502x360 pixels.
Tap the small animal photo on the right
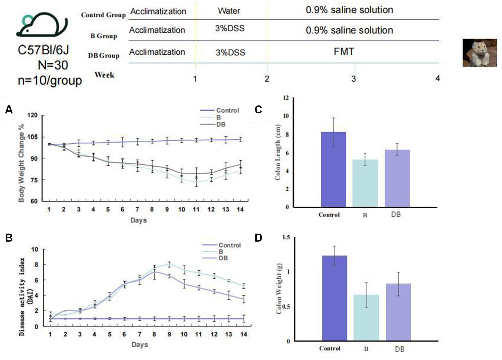[x=480, y=53]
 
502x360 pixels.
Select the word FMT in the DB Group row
[x=344, y=52]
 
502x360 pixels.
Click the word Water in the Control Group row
[x=229, y=11]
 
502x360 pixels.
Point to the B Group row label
[x=104, y=36]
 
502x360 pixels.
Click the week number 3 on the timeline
[x=353, y=79]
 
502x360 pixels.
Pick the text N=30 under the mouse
[x=53, y=65]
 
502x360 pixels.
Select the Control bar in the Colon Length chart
[x=333, y=170]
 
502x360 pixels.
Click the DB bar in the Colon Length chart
[x=397, y=178]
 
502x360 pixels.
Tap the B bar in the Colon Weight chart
[x=366, y=318]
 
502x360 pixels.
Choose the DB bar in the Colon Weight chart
[x=399, y=312]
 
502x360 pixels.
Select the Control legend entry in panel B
[x=222, y=245]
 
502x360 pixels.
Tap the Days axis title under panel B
[x=140, y=344]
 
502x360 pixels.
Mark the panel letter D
[x=258, y=238]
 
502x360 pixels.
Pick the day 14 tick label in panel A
[x=240, y=209]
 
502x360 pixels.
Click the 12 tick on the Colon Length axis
[x=286, y=98]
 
